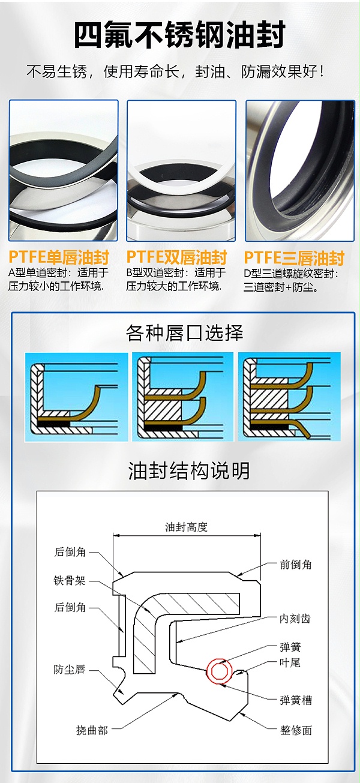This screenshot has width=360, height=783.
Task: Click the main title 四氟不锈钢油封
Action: click(x=179, y=35)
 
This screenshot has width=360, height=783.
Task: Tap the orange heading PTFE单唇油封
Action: click(x=59, y=257)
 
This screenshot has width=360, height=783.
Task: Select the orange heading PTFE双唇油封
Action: click(x=176, y=257)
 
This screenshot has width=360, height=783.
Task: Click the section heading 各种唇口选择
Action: click(x=184, y=332)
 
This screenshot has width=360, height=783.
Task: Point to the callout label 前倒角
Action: click(x=295, y=565)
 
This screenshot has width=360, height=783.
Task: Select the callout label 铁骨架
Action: click(x=70, y=581)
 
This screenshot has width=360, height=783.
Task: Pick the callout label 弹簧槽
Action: click(x=295, y=700)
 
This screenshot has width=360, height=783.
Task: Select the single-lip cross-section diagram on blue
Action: click(x=77, y=397)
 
